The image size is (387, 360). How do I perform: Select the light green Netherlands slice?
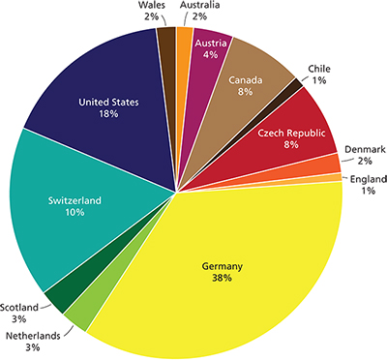point(77,315)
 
